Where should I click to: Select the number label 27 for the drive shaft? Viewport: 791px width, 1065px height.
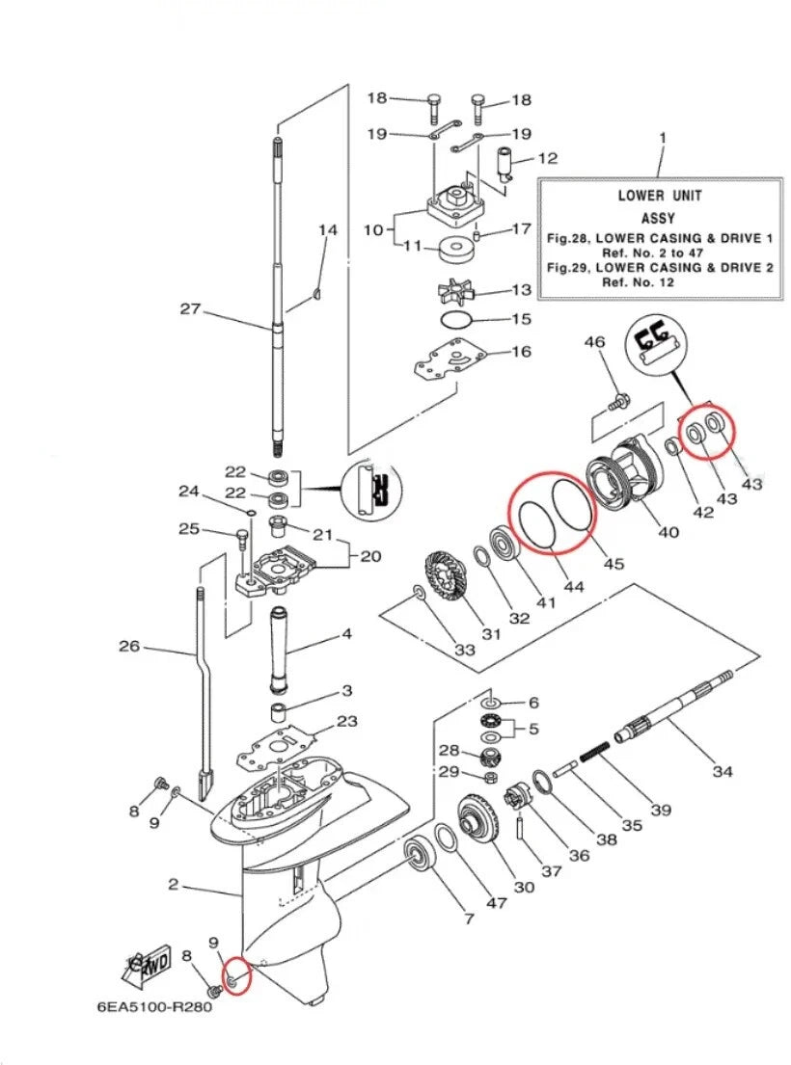point(190,308)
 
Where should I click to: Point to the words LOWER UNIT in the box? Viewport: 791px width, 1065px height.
point(660,196)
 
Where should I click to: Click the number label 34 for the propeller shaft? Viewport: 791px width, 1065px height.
point(722,770)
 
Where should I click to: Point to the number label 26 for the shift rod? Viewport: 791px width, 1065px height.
point(129,646)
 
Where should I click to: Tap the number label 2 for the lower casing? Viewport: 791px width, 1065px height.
point(174,884)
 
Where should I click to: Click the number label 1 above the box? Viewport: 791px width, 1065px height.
point(662,139)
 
